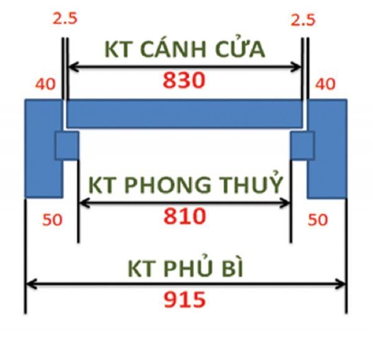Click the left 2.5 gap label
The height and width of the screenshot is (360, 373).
[65, 19]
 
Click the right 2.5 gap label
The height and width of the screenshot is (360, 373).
[303, 20]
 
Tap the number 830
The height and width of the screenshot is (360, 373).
[184, 80]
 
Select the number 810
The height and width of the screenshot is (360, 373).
[185, 216]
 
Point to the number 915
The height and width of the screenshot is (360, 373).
[185, 300]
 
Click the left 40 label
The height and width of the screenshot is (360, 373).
[45, 84]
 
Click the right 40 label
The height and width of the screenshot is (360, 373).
[325, 84]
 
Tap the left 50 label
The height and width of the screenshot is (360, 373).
[52, 219]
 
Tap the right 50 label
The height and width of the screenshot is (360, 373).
[318, 219]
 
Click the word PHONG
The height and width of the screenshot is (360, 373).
[167, 185]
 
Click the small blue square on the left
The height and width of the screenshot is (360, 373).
[67, 145]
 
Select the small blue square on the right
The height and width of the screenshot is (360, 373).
[302, 145]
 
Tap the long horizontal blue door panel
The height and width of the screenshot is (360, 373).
[185, 114]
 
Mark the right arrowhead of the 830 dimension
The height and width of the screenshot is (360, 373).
[296, 67]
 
